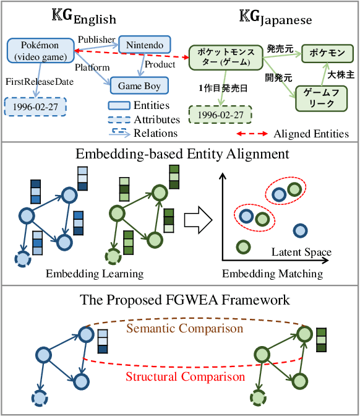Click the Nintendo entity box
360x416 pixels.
pyautogui.click(x=144, y=45)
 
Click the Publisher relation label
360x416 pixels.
pyautogui.click(x=97, y=39)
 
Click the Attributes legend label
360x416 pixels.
pyautogui.click(x=156, y=119)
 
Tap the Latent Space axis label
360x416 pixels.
pyautogui.click(x=301, y=252)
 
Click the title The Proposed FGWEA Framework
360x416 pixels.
pyautogui.click(x=185, y=300)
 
